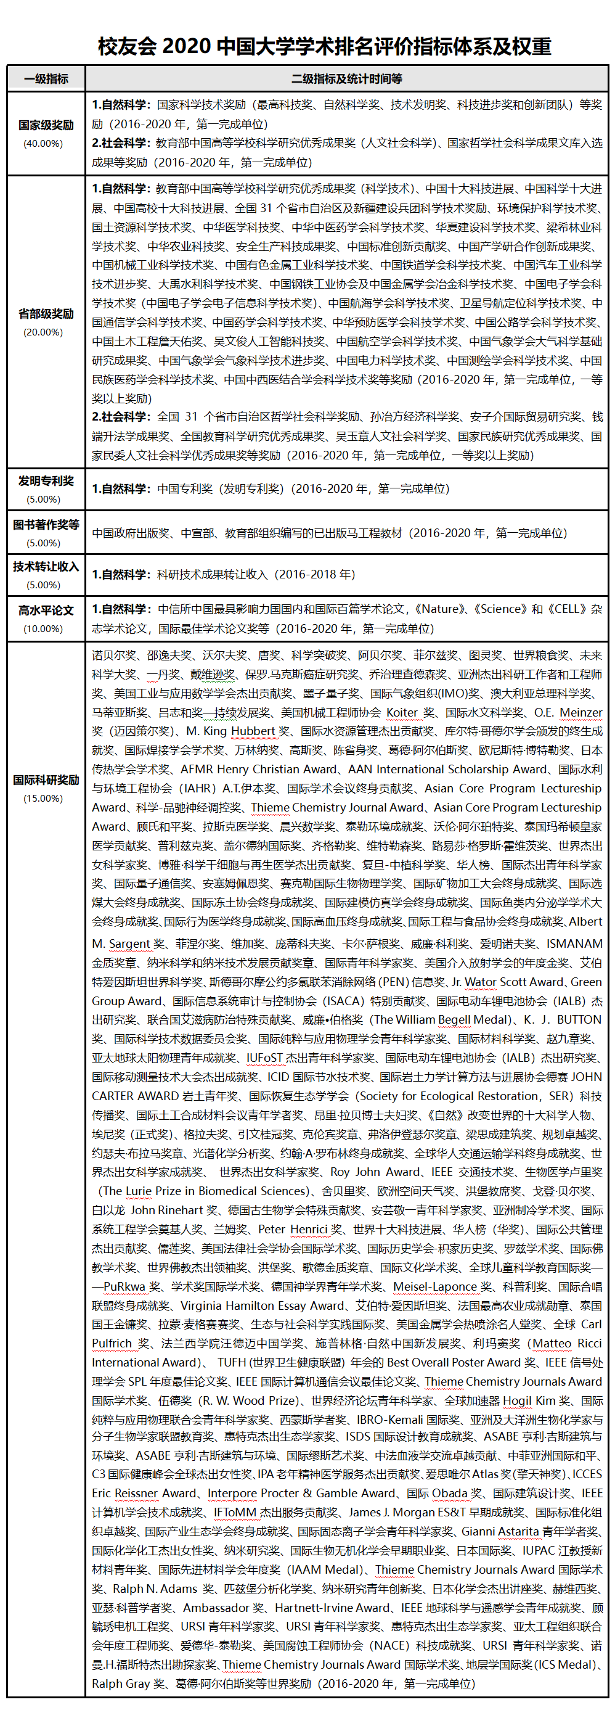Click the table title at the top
324,46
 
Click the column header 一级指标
46,79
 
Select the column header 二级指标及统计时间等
346,79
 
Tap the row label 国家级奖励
46,125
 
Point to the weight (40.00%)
43,144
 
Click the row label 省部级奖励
46,313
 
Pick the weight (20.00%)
43,332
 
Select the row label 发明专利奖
46,480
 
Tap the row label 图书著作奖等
46,524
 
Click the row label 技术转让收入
46,566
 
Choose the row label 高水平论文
46,610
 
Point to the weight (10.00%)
43,628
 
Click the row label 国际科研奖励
46,779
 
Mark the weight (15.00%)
43,798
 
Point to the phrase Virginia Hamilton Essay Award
263,1305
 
